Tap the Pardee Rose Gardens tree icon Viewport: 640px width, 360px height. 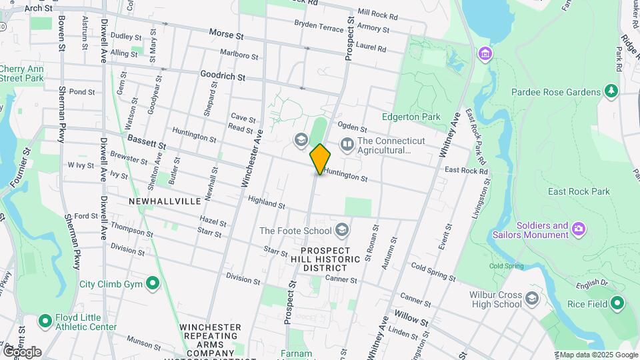[611, 91]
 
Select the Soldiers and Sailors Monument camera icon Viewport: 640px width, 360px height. [579, 229]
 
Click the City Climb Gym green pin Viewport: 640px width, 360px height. [153, 284]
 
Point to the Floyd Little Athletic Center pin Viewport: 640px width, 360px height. [45, 321]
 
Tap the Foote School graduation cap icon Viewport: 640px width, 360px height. [342, 231]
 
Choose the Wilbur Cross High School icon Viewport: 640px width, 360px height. [531, 297]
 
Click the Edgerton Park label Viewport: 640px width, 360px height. [417, 117]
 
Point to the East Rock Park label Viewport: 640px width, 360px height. [579, 191]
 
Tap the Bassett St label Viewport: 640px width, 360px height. [146, 141]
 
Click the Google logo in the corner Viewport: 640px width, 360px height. [22, 351]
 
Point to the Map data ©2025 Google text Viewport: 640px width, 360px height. [598, 355]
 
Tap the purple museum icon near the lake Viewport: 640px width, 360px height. [485, 53]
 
